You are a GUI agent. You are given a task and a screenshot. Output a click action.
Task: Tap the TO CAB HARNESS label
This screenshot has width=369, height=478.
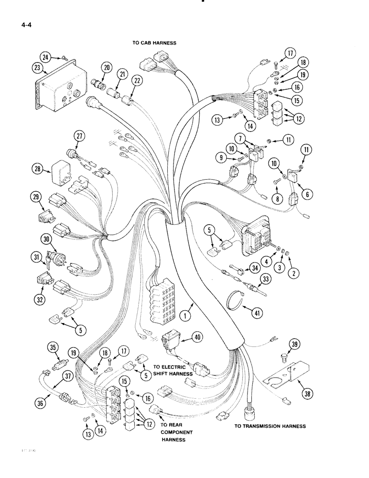[154, 43]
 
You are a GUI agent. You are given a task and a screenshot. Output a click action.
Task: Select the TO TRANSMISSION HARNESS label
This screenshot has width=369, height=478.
[270, 425]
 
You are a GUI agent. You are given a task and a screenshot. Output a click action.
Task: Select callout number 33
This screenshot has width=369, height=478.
[262, 279]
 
